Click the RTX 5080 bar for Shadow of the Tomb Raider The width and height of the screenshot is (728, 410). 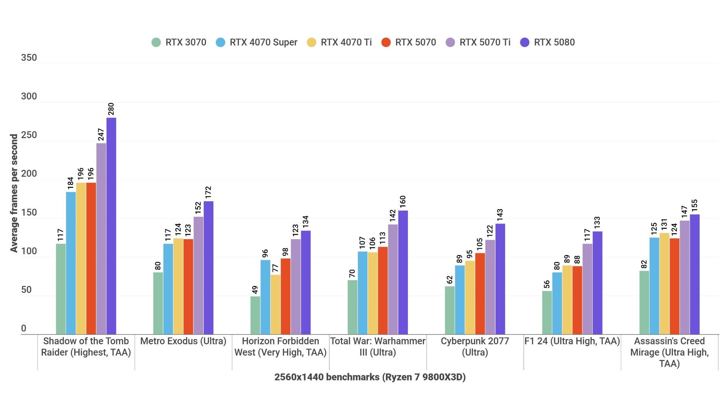[111, 226]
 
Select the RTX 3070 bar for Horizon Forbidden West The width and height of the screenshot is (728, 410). [255, 315]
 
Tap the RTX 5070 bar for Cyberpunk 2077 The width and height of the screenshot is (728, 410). [480, 293]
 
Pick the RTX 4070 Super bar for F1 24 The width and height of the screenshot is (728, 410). [557, 303]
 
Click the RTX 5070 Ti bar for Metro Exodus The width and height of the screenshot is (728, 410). [198, 275]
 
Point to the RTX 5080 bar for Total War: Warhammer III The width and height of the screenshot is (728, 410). [403, 272]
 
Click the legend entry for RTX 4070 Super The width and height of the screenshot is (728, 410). [263, 42]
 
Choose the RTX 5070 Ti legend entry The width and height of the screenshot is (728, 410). [485, 42]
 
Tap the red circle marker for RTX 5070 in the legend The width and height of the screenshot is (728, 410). [386, 42]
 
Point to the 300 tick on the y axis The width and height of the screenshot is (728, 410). [29, 96]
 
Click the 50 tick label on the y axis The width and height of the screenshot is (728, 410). [27, 290]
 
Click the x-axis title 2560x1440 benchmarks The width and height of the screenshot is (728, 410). [370, 377]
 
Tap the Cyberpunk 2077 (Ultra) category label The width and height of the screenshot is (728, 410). [475, 347]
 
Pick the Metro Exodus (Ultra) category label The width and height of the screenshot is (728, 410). [183, 341]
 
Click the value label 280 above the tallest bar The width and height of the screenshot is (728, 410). [111, 109]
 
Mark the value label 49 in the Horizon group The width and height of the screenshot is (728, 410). [255, 290]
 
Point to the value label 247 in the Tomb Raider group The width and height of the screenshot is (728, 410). [101, 134]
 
